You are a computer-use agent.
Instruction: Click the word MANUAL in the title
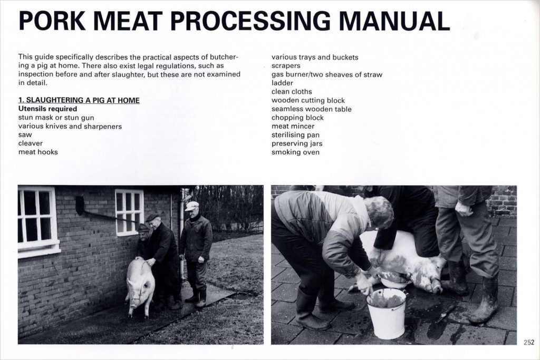(394, 21)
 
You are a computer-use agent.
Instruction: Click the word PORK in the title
(52, 21)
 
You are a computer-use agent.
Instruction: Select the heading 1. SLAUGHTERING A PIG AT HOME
(79, 100)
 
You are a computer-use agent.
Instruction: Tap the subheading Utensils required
(47, 109)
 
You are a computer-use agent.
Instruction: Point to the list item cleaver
(31, 143)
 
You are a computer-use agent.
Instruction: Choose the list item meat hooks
(38, 152)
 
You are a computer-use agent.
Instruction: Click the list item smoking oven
(295, 152)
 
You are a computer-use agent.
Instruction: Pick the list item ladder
(283, 83)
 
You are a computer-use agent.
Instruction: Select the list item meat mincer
(293, 127)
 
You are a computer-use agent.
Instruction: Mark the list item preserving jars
(297, 143)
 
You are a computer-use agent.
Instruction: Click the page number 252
(528, 343)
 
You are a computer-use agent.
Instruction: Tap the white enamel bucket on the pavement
(387, 313)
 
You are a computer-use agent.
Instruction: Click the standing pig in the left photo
(140, 286)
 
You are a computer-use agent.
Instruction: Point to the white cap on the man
(191, 206)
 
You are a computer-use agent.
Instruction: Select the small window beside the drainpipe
(129, 212)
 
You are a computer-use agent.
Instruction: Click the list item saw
(25, 135)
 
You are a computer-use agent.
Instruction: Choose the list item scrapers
(286, 66)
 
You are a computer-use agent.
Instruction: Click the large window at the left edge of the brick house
(37, 221)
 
